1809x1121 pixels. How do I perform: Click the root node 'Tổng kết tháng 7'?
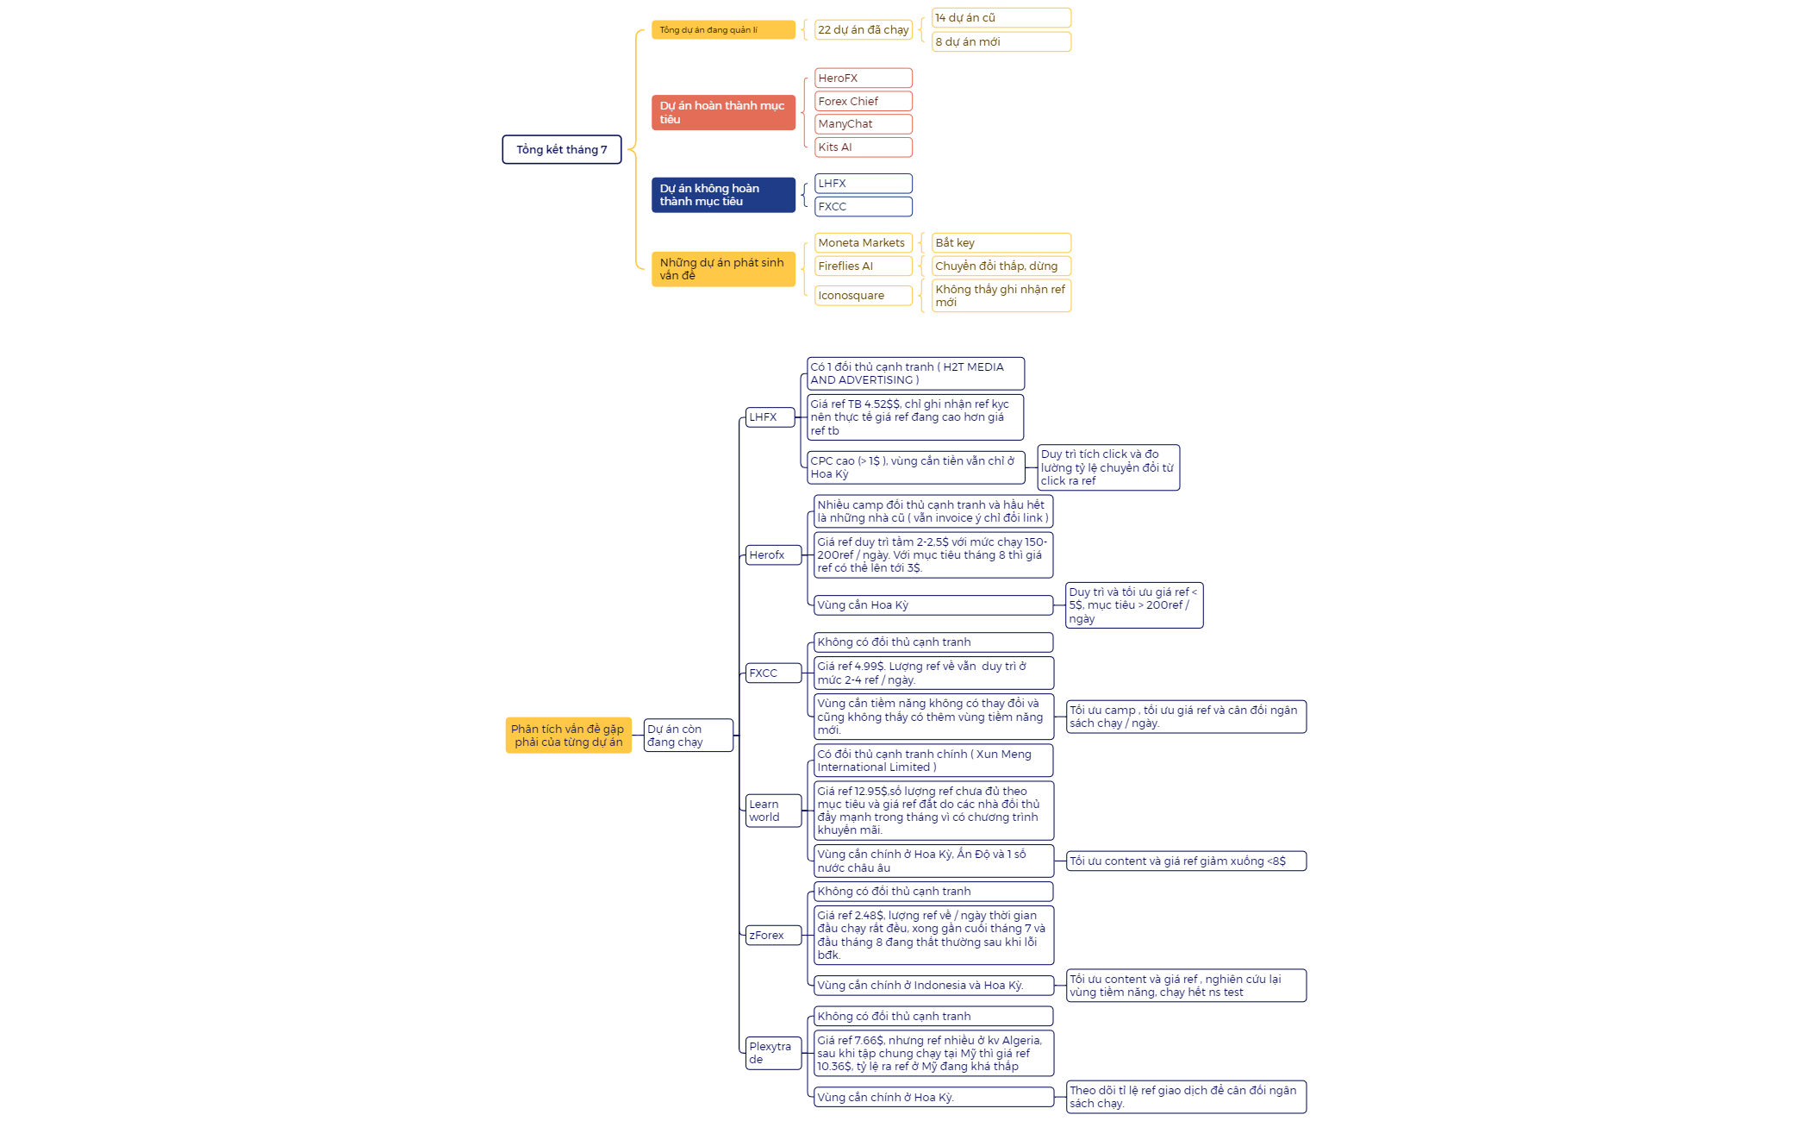coord(562,149)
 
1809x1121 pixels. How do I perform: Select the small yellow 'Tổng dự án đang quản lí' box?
coord(723,30)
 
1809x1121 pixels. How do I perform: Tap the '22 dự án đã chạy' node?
coord(863,30)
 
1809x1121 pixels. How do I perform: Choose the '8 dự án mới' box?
coord(1001,41)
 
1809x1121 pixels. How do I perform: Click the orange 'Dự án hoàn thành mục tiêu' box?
coord(723,113)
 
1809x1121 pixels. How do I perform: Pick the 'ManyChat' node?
coord(863,124)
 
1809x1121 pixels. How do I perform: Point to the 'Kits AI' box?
coord(863,147)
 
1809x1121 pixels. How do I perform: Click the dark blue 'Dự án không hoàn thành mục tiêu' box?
coord(723,195)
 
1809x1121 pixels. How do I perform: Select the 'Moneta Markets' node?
coord(863,243)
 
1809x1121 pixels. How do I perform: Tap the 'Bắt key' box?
coord(1001,243)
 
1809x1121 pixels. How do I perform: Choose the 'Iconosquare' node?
coord(863,296)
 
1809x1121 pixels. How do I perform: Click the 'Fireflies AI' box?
coord(863,266)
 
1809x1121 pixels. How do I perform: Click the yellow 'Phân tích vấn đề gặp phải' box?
coord(568,736)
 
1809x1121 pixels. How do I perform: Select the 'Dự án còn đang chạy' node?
coord(688,736)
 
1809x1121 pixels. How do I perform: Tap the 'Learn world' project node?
coord(773,811)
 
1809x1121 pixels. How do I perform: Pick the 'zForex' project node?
coord(773,936)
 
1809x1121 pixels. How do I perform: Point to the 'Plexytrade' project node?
coord(773,1053)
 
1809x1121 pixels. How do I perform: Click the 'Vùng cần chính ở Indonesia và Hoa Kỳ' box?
coord(933,986)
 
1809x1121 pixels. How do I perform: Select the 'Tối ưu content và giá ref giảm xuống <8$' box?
coord(1186,861)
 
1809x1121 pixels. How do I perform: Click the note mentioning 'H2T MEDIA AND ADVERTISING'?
coord(915,373)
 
